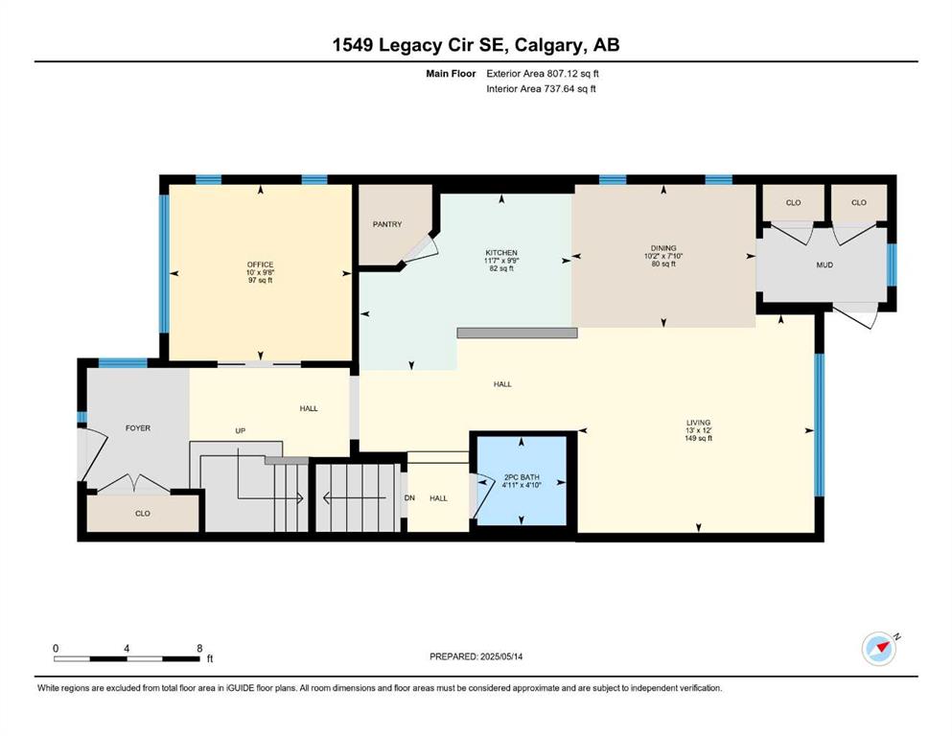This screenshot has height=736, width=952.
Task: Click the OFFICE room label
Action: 260,264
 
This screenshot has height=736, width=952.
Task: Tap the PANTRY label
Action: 387,224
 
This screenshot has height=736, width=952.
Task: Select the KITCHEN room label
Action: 501,253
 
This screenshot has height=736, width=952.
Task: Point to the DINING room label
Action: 663,248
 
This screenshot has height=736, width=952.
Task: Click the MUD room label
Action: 824,265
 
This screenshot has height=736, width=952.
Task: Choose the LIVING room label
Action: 698,423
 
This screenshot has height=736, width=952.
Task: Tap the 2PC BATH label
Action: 522,477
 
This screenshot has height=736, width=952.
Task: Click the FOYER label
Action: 138,428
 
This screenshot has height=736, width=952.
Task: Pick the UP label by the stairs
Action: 241,431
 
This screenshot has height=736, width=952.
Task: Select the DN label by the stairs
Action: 409,498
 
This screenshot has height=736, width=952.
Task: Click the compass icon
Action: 879,649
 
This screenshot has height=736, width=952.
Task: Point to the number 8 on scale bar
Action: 199,649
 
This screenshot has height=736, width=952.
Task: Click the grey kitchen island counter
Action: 517,333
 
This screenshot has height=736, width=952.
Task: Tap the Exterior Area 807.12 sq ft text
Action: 543,74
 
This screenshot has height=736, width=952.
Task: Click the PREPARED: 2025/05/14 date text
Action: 476,656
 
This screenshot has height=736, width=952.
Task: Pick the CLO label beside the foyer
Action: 143,514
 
